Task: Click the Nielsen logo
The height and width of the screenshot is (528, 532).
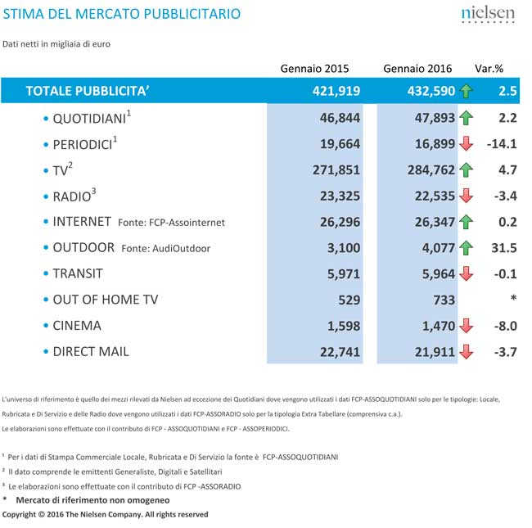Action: point(488,16)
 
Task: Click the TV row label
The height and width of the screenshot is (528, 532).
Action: point(62,170)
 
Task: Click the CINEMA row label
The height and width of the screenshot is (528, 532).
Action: point(77,325)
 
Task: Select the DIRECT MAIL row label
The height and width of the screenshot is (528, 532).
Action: point(91,351)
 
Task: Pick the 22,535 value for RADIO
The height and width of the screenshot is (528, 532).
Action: point(426,196)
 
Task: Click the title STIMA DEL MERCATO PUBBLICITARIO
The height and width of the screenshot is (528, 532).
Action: point(122,14)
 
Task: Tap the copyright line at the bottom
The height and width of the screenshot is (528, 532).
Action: point(105,514)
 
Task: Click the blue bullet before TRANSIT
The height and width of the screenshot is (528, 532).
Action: point(46,274)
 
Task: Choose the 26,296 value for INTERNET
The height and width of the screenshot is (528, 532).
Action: point(334,222)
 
